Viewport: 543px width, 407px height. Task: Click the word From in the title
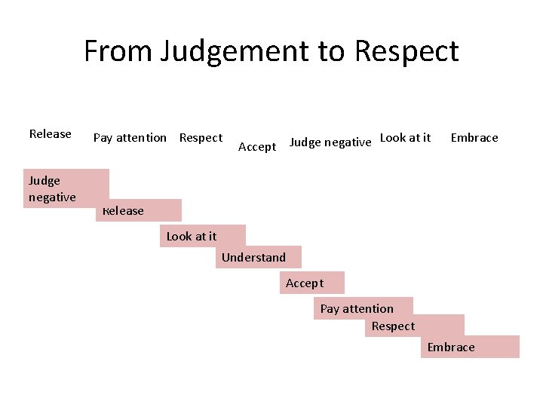[x=118, y=51]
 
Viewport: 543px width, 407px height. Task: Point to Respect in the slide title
[x=406, y=51]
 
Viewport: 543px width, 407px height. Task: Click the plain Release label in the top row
[x=50, y=134]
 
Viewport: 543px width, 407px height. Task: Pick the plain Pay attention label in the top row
[x=130, y=138]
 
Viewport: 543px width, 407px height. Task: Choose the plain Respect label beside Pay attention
[x=201, y=138]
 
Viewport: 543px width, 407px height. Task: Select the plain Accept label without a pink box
[x=257, y=147]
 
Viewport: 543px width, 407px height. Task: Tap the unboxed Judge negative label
[x=330, y=142]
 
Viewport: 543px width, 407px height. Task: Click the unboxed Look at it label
[x=406, y=137]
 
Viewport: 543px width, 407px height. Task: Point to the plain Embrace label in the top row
[x=474, y=138]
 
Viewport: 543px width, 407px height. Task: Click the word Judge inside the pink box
[x=44, y=181]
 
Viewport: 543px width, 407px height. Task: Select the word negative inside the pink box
[x=52, y=197]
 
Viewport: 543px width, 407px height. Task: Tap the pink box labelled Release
[x=140, y=210]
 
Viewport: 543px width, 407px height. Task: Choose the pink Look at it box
[x=202, y=236]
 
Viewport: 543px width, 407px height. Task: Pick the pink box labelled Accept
[x=312, y=283]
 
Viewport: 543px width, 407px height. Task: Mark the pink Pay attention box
[x=363, y=308]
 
